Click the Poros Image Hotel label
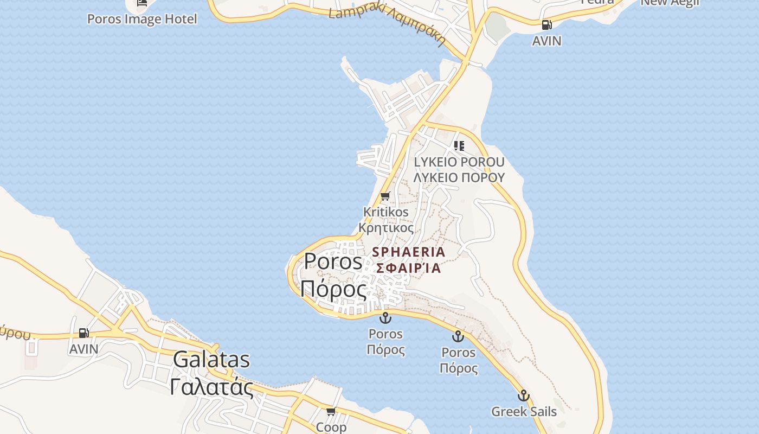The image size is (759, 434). click(142, 19)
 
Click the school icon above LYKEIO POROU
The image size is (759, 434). click(459, 145)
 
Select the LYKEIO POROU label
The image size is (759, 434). click(459, 162)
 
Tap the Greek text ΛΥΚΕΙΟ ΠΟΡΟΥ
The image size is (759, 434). click(459, 177)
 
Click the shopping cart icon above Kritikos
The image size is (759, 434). click(385, 196)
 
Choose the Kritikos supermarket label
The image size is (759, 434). click(385, 212)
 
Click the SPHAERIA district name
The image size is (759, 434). click(409, 252)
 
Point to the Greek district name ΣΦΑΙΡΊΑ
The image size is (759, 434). click(409, 267)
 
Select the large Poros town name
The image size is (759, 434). click(333, 261)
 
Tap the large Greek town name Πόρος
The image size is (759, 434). click(333, 289)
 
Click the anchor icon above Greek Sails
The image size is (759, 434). click(523, 395)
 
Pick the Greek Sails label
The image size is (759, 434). click(524, 411)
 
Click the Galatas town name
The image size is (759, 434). click(211, 360)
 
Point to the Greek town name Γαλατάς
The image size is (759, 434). click(211, 387)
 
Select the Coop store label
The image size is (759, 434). click(331, 427)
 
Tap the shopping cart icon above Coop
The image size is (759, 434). click(331, 411)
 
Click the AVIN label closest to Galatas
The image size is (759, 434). click(83, 349)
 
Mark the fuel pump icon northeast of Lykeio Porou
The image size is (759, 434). click(546, 24)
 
